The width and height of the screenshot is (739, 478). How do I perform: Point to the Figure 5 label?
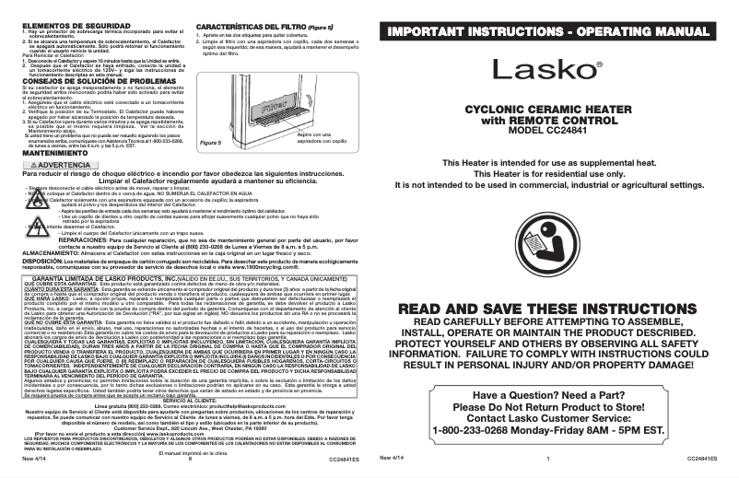click(x=210, y=143)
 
